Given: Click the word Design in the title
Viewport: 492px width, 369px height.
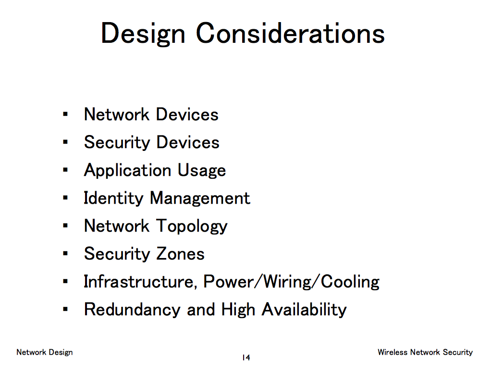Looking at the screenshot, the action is tap(143, 35).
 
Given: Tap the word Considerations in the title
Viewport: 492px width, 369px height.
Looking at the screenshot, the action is tap(290, 33).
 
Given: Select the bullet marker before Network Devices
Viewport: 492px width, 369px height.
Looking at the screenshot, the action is tap(65, 114).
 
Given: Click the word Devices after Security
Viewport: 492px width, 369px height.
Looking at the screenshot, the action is tap(188, 142).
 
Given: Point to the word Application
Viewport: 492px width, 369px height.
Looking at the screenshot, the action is tap(127, 171).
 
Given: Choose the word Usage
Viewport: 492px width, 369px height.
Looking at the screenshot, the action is tap(202, 171).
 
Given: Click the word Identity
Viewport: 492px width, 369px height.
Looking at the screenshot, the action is tap(113, 198).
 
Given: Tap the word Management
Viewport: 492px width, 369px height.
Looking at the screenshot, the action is tap(200, 198).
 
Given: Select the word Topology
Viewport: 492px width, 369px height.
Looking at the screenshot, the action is tap(192, 227).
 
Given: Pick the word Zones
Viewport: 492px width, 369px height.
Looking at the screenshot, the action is tap(181, 254).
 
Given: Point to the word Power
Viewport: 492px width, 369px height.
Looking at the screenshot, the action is tap(228, 282).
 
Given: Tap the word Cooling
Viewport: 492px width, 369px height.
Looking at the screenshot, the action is tap(350, 282).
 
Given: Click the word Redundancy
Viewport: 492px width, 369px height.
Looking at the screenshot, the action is tap(132, 310).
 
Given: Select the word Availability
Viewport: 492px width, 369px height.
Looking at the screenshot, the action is tap(304, 310).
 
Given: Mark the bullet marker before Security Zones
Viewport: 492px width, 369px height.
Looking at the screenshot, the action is tap(65, 253).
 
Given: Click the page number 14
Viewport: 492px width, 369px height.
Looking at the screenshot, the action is tap(246, 357).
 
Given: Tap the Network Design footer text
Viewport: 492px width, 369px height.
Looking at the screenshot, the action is tap(45, 352).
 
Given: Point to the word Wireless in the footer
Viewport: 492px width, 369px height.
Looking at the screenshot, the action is tap(393, 352).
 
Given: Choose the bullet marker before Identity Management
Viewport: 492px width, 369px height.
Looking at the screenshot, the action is tap(65, 197).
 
